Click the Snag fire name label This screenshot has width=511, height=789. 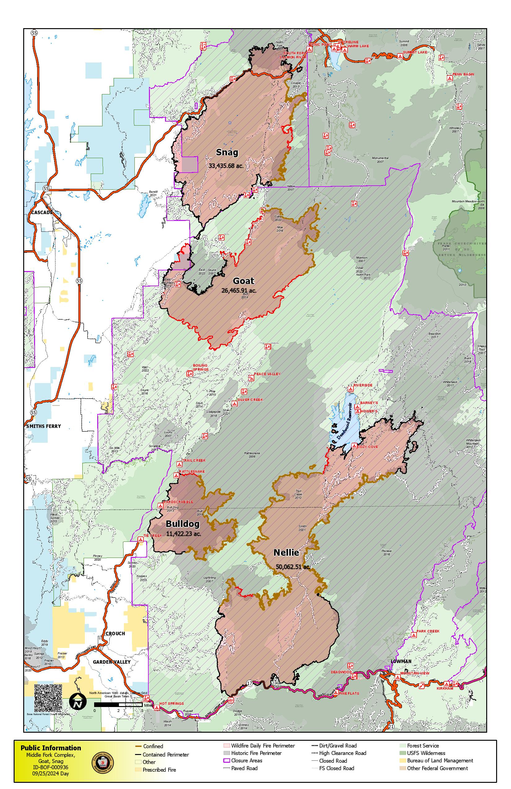pyautogui.click(x=227, y=152)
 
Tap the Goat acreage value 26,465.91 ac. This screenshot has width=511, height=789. pyautogui.click(x=238, y=291)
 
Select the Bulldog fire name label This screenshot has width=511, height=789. pyautogui.click(x=182, y=524)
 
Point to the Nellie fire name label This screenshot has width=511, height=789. pyautogui.click(x=286, y=552)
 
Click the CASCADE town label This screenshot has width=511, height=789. pyautogui.click(x=42, y=212)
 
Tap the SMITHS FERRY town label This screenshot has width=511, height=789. pyautogui.click(x=43, y=426)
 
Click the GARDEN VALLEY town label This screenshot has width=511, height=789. pyautogui.click(x=111, y=662)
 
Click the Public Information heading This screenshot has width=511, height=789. pyautogui.click(x=50, y=748)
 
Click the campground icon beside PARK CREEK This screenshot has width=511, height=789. pyautogui.click(x=413, y=636)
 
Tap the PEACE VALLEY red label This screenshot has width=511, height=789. pyautogui.click(x=267, y=374)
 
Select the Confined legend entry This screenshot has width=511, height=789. pyautogui.click(x=153, y=746)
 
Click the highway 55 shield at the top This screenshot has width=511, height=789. pyautogui.click(x=34, y=33)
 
